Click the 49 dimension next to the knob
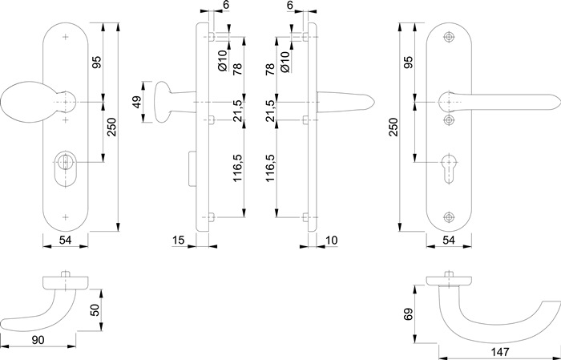click(136, 103)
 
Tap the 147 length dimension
click(501, 350)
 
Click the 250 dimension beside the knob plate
click(112, 127)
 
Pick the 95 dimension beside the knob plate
click(96, 64)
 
